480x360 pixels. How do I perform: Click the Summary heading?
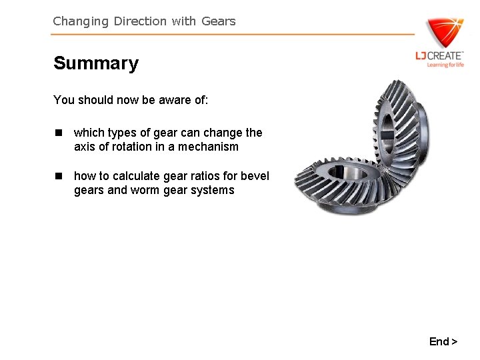click(x=96, y=63)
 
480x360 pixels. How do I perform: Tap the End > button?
click(x=443, y=341)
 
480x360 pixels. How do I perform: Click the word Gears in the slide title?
click(x=218, y=21)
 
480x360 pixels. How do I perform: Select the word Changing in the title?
click(x=81, y=21)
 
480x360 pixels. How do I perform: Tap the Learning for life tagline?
click(x=445, y=65)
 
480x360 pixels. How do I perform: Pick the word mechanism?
click(x=207, y=147)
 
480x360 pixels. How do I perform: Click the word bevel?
click(x=255, y=176)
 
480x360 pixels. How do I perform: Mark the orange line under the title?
click(x=233, y=35)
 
